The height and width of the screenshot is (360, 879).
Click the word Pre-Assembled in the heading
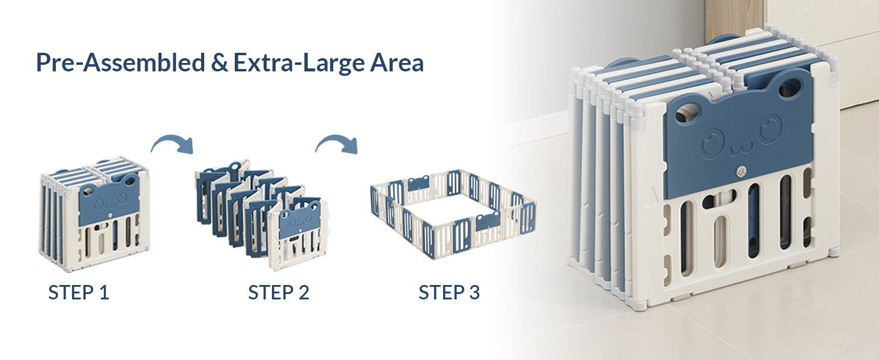pos(121,63)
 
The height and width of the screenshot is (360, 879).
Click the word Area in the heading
pos(397,63)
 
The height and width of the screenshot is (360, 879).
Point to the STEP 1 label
pos(79,293)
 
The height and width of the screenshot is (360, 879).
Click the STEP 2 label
pos(279,293)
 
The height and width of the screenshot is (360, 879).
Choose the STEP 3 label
pos(449,293)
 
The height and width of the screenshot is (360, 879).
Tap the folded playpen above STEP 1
pos(94,215)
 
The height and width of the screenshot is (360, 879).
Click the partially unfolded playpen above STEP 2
pos(261,214)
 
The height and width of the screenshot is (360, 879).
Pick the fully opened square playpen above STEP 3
pos(453,214)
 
